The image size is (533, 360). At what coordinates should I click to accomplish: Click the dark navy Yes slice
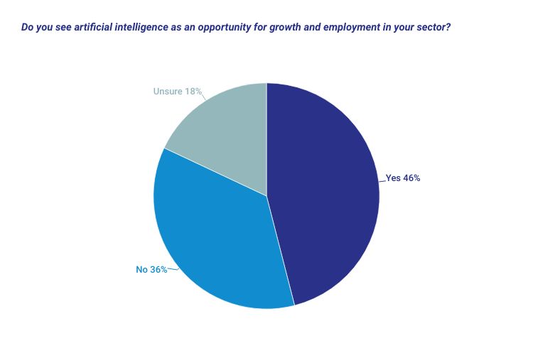click(327, 192)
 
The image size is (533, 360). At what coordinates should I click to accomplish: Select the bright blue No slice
click(213, 241)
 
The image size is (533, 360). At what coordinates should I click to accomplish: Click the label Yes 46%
click(403, 178)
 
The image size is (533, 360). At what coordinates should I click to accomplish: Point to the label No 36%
click(151, 269)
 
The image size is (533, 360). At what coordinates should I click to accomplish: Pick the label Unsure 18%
click(178, 92)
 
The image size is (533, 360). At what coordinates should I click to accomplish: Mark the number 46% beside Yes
click(411, 178)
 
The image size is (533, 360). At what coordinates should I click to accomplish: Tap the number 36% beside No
click(158, 269)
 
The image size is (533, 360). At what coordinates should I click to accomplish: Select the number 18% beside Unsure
click(193, 92)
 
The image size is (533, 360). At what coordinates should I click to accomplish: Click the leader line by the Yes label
click(382, 180)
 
